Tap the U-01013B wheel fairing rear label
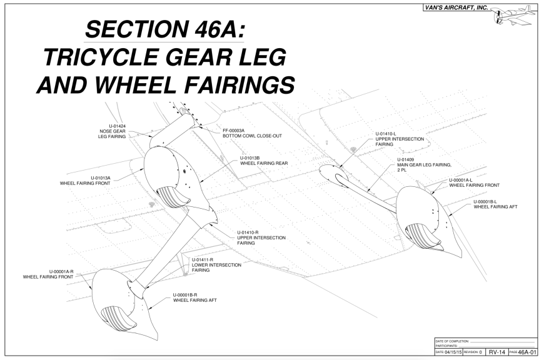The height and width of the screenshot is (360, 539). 259,161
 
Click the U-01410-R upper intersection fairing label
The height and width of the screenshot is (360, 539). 261,235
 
